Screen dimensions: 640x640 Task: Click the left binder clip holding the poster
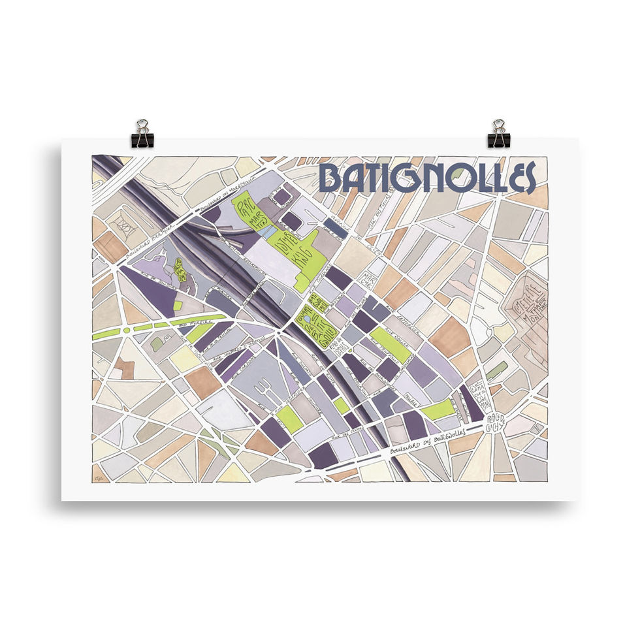(142, 133)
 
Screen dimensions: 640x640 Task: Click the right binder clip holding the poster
(498, 133)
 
